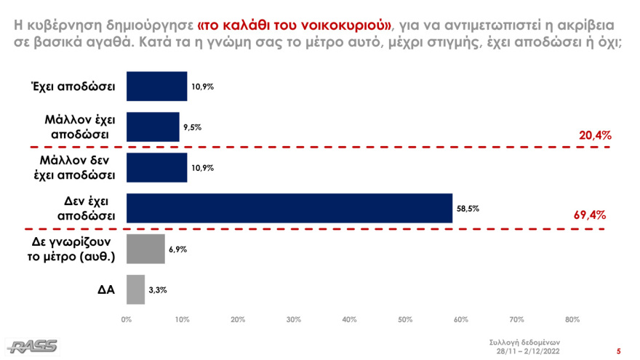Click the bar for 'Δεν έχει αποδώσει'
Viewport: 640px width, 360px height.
point(289,207)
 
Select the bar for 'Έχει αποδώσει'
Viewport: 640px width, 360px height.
point(156,86)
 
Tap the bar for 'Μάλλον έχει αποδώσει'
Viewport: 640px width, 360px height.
point(153,127)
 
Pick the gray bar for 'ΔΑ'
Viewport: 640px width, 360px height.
point(136,289)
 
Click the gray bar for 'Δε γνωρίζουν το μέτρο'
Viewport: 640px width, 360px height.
point(145,248)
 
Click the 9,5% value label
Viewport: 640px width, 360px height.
point(193,127)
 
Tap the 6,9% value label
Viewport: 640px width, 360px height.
point(178,249)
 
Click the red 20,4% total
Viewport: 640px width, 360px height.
point(594,135)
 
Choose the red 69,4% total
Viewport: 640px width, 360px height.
point(591,215)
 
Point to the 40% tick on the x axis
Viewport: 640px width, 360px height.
point(349,319)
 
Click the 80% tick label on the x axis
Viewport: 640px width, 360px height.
point(572,319)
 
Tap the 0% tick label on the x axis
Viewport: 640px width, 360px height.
point(127,319)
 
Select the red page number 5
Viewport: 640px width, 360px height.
point(619,350)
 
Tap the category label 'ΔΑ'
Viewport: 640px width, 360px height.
point(106,289)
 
